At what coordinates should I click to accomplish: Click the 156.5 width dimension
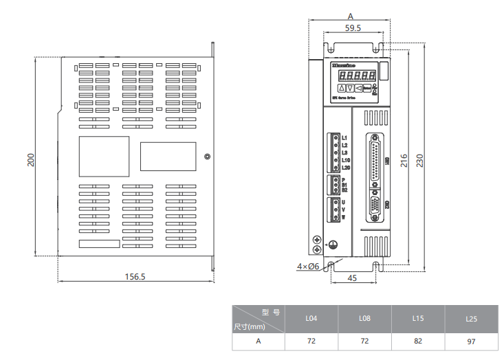click(x=135, y=277)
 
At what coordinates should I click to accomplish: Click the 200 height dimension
click(x=31, y=159)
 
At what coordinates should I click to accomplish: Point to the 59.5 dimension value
click(x=353, y=28)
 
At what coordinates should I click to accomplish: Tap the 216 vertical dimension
click(x=405, y=159)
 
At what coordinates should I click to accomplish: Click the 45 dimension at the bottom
click(x=353, y=278)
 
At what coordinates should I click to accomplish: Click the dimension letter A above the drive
click(x=350, y=15)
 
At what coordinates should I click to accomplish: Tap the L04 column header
click(x=311, y=319)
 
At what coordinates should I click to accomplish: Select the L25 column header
click(x=471, y=319)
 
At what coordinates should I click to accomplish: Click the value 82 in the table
click(x=417, y=341)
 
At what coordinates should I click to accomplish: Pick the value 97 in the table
click(x=471, y=341)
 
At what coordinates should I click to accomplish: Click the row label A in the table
click(x=259, y=341)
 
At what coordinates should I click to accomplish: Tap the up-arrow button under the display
click(x=342, y=88)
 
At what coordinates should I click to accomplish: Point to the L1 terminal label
click(x=344, y=138)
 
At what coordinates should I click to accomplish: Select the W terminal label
click(x=343, y=217)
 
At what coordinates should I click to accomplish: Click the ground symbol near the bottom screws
click(x=332, y=244)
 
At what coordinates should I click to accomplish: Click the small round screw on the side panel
click(x=208, y=157)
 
